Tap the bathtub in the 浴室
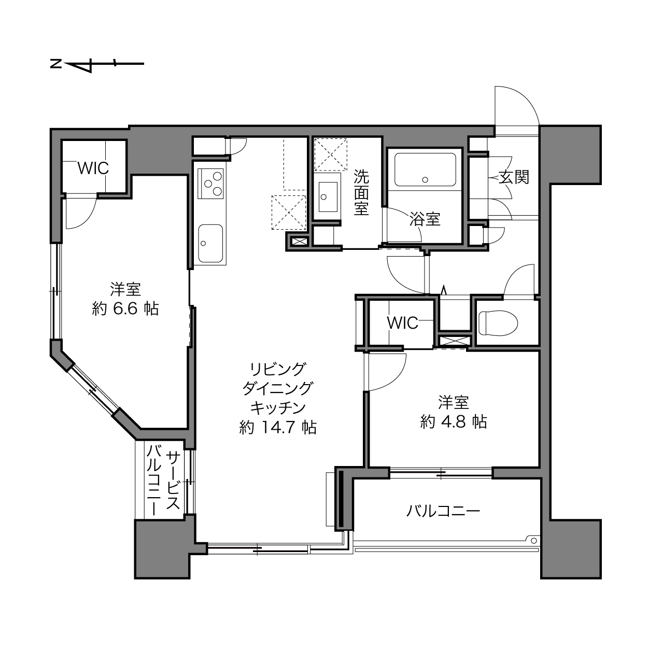click(x=425, y=170)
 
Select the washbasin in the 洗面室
click(x=328, y=197)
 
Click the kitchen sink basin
click(x=210, y=243)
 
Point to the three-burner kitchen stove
click(x=210, y=184)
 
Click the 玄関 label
click(x=514, y=177)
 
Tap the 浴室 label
click(x=425, y=219)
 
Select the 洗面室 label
click(x=361, y=193)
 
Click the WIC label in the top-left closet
click(x=93, y=168)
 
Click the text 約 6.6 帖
click(x=125, y=309)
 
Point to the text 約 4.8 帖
click(x=454, y=422)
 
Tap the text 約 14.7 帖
click(x=277, y=428)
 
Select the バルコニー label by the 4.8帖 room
click(x=443, y=512)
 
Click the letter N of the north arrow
click(x=56, y=63)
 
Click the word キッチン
click(x=277, y=408)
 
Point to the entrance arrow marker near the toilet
click(x=444, y=290)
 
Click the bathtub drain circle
click(x=425, y=180)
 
